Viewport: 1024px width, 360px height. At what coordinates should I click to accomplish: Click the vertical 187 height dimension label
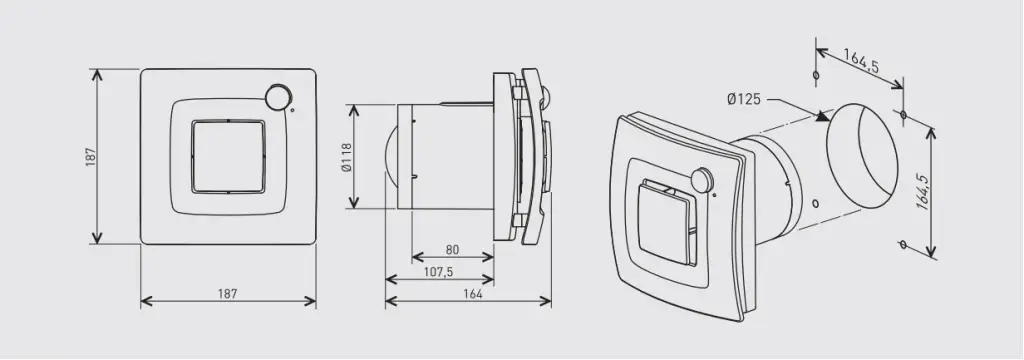91,157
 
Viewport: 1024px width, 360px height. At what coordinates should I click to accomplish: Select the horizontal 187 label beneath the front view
227,293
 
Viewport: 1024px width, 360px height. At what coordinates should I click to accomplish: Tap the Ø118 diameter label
347,157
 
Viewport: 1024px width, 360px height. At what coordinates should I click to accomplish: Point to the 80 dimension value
453,250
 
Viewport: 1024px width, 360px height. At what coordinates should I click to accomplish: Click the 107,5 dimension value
439,272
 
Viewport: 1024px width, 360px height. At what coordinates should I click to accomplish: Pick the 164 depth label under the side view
473,293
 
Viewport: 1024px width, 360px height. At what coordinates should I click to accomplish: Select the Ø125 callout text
744,99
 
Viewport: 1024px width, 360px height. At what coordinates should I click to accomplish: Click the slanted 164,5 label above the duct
861,61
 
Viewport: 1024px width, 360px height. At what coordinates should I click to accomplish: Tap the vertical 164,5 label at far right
921,191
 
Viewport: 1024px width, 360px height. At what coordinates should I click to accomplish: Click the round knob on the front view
278,97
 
